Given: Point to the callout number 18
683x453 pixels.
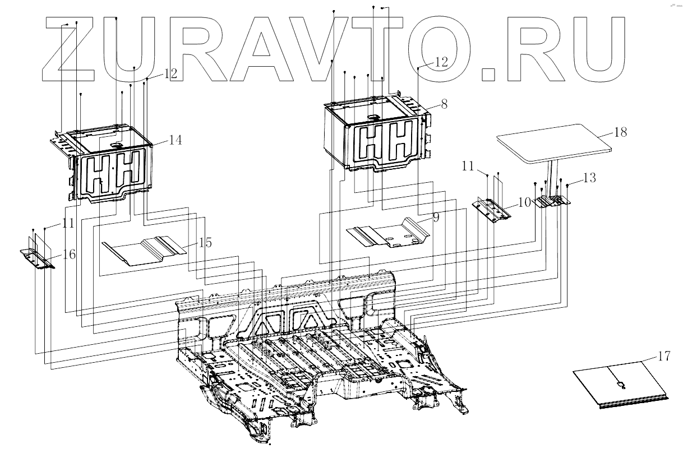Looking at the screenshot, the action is pos(620,133).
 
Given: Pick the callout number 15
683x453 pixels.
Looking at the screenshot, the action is pos(205,243).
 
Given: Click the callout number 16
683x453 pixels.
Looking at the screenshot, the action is pos(69,255).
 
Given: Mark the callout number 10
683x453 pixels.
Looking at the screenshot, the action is pos(524,203).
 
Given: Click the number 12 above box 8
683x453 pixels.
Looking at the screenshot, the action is pos(441,62).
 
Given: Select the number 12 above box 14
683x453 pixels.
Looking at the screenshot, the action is pos(170,73).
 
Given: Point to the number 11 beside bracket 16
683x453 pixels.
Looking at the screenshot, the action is pos(68,223).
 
